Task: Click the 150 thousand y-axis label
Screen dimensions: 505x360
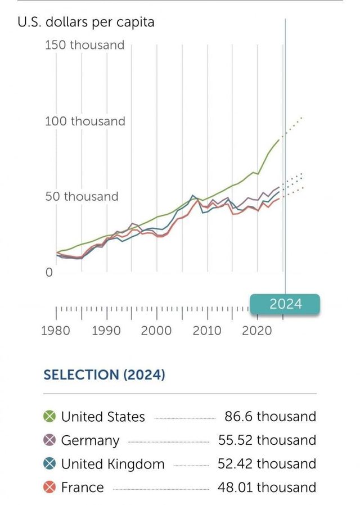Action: pos(84,45)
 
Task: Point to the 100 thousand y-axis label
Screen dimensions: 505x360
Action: pos(85,121)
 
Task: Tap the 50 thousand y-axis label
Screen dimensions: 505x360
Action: pos(82,196)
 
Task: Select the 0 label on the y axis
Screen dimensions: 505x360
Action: pos(49,273)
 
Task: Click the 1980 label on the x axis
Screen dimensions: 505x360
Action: pos(56,330)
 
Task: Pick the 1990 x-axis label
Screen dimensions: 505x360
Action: pos(106,330)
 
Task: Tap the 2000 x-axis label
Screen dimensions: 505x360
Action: pos(156,330)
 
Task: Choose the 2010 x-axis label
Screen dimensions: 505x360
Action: pos(207,330)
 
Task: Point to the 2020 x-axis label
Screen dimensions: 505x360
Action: pos(257,330)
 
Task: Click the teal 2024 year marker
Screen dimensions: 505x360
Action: pos(285,304)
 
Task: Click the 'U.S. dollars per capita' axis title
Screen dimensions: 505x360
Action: pos(86,22)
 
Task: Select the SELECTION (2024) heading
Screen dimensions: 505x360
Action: pos(104,375)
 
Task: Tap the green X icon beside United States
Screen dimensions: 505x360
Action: pos(49,417)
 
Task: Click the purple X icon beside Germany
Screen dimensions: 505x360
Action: pos(49,440)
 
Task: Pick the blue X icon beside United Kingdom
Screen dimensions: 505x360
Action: pos(49,464)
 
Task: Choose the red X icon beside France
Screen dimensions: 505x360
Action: pos(49,487)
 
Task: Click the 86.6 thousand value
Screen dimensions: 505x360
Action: pos(270,417)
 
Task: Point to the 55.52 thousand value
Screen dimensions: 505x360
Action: pos(267,440)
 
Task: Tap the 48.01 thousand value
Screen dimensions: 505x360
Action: pos(267,487)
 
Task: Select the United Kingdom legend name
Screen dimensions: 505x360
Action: pos(112,464)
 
